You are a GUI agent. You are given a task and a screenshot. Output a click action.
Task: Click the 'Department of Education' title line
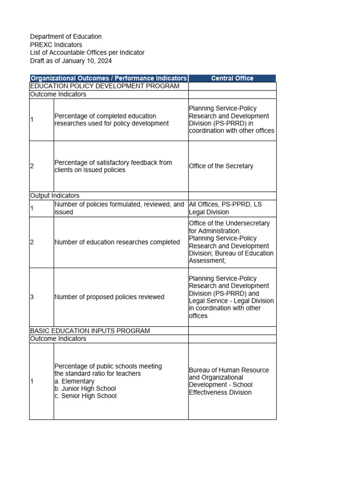point(66,37)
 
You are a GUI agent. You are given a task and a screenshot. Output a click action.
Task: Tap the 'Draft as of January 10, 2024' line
point(71,61)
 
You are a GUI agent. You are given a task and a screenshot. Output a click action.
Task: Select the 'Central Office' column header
point(232,78)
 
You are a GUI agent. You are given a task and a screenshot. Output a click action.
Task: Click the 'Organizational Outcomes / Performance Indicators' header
point(109,78)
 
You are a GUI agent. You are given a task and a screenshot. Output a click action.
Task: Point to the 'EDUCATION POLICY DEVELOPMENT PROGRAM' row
point(105,86)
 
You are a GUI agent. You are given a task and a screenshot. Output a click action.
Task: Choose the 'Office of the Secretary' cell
point(221,166)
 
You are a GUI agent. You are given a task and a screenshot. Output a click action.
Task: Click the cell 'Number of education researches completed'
point(117,242)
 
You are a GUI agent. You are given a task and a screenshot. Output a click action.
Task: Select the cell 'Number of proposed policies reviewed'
point(109,297)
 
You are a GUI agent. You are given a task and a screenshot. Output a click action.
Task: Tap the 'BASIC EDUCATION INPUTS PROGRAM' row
point(90,331)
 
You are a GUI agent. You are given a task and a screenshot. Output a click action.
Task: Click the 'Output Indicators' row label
point(55,195)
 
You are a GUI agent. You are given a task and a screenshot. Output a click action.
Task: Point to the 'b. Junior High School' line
point(85,389)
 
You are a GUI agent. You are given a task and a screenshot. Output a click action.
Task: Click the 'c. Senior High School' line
point(86,396)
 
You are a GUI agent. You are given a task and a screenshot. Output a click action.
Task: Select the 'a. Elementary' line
point(75,381)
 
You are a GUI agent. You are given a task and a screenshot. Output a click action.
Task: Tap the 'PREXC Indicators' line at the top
point(56,45)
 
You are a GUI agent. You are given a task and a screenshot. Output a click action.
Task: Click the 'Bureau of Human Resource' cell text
point(229,370)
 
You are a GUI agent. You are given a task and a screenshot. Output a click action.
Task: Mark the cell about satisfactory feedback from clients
point(113,166)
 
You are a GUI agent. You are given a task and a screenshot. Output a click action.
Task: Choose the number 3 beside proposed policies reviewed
point(32,297)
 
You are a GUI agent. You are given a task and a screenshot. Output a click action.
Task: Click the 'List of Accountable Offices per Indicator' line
point(87,52)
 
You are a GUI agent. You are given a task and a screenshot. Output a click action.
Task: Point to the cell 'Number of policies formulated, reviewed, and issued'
point(119,209)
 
